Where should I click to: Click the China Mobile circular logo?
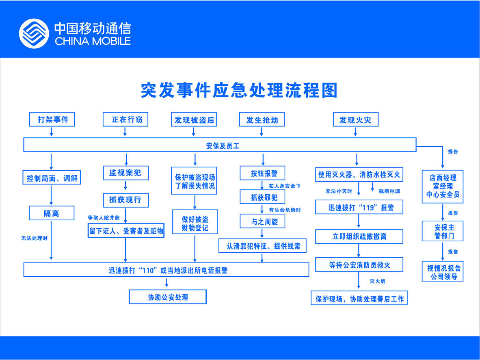[34, 34]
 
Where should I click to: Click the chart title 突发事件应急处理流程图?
[239, 91]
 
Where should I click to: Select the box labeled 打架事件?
[52, 120]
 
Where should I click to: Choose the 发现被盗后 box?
[195, 120]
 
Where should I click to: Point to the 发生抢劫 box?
[262, 120]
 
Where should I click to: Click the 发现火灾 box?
[355, 120]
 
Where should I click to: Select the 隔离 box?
[51, 213]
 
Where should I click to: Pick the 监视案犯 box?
[125, 173]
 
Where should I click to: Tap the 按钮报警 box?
[262, 173]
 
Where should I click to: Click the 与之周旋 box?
[262, 221]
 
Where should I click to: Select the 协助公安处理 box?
[168, 297]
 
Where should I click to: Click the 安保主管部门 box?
[443, 232]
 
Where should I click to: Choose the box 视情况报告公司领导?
[443, 272]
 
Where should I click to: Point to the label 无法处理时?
[34, 238]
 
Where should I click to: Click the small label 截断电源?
[389, 191]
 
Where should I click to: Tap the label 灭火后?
[377, 281]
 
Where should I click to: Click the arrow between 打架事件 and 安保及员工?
[51, 131]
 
